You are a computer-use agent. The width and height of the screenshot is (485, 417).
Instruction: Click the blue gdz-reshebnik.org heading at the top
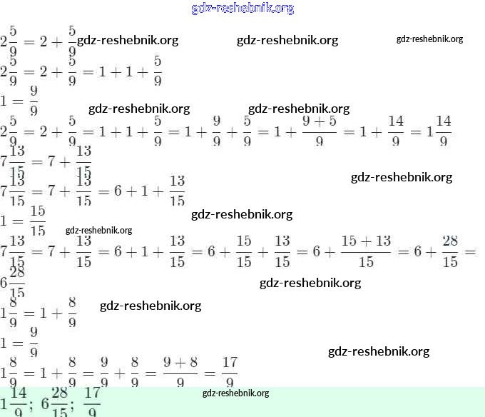(242, 9)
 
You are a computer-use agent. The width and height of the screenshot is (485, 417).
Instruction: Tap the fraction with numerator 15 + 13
(366, 252)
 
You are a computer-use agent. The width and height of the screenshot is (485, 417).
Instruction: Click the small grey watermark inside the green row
(235, 393)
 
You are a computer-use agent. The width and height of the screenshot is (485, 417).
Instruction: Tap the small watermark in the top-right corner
(429, 39)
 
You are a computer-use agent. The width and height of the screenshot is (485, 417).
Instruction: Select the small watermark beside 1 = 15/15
(98, 230)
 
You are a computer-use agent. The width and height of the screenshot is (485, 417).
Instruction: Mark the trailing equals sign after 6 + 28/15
(469, 252)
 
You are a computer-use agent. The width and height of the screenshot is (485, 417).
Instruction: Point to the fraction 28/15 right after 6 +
(449, 252)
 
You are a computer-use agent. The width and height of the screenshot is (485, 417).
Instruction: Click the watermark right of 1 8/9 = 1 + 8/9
(150, 306)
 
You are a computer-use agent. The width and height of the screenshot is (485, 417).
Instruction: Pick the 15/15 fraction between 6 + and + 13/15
(244, 252)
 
